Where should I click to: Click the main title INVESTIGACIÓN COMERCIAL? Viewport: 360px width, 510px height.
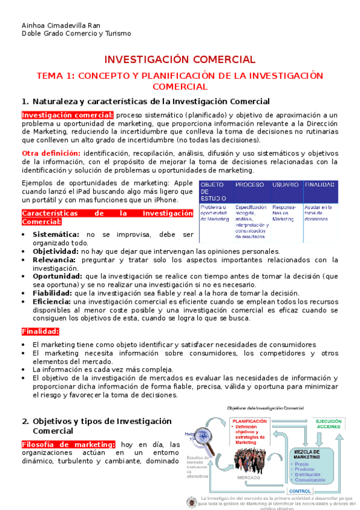180,60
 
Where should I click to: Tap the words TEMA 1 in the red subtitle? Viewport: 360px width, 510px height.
55,76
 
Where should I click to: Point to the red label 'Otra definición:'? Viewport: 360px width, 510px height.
51,153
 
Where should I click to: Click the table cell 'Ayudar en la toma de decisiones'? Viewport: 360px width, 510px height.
319,214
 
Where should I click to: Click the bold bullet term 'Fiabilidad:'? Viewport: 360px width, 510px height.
52,293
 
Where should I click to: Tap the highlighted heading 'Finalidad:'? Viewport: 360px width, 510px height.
40,331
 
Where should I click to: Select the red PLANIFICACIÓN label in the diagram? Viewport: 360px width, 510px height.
249,422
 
